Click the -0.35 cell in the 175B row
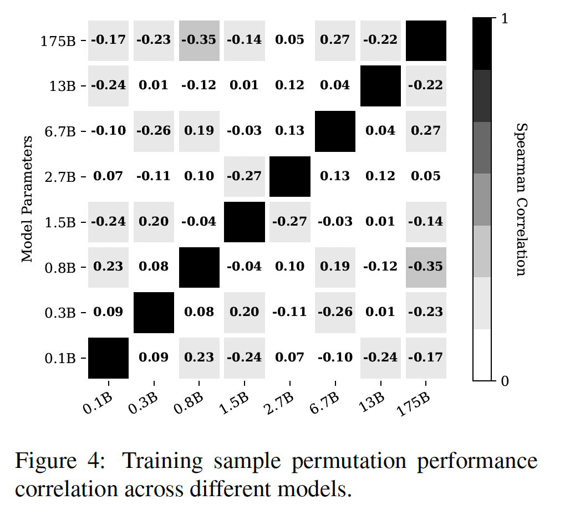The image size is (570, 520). [x=199, y=40]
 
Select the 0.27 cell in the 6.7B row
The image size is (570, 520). [x=426, y=131]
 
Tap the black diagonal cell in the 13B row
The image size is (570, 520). [x=380, y=85]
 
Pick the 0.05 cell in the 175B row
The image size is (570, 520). [x=290, y=40]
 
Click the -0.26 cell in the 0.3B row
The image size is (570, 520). [x=335, y=312]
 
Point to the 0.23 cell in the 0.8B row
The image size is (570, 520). [x=109, y=267]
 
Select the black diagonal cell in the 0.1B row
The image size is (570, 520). [x=109, y=357]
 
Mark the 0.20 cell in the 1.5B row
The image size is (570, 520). [x=154, y=221]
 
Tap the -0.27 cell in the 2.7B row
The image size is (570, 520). [x=245, y=176]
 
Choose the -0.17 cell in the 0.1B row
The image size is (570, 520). [x=426, y=357]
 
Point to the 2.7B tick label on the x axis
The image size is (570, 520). [x=278, y=403]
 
